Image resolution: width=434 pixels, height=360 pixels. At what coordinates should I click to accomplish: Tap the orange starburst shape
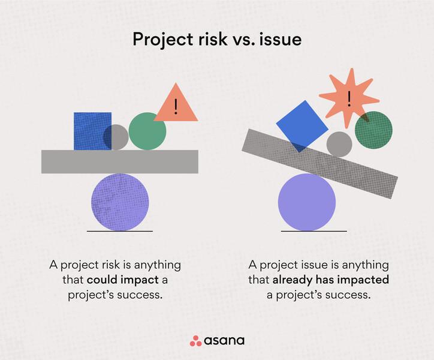pos(349,98)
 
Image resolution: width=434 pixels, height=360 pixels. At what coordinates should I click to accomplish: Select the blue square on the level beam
pos(92,131)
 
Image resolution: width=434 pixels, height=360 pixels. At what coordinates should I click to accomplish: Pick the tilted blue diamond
pos(302,126)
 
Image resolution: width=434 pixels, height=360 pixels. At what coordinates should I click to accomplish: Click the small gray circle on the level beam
pos(116,137)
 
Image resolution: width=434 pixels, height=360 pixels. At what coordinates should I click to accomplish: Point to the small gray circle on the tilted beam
pos(339,145)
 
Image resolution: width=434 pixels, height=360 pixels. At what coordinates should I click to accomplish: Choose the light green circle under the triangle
pos(147,131)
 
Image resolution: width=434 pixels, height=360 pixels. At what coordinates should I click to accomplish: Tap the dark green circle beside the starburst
pos(373,130)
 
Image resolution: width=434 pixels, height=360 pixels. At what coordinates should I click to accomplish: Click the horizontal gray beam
pos(120,162)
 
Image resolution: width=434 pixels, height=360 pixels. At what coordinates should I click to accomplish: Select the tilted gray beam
pos(320,164)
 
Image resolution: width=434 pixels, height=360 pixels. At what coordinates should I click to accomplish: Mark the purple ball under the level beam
pos(120,202)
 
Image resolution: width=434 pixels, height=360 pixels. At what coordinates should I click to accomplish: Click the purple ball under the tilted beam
pos(307,202)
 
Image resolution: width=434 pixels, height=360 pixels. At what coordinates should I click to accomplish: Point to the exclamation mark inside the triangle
pos(176,107)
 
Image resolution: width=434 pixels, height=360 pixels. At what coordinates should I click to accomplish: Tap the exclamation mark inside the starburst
pos(349,99)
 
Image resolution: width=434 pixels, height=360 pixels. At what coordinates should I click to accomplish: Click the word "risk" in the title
pos(213,39)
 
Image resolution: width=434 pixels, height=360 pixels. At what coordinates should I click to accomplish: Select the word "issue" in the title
pos(281,39)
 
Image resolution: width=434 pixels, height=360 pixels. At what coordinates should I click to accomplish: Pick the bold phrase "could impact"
pos(123,280)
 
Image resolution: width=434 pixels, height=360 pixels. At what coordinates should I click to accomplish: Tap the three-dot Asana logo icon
pos(195,341)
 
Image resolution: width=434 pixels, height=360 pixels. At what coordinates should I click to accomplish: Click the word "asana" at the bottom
pos(224,341)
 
